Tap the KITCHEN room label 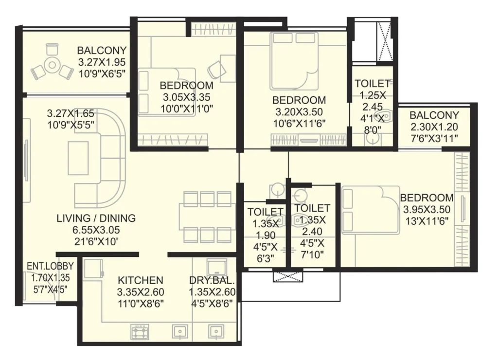[x=141, y=281]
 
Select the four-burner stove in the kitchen [x=141, y=332]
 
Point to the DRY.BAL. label [x=212, y=281]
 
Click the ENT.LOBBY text [x=50, y=266]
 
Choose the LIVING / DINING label [x=95, y=218]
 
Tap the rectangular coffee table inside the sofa [x=78, y=158]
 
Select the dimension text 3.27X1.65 [x=71, y=113]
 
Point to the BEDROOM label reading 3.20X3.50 [x=299, y=100]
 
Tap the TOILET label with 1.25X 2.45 [x=372, y=84]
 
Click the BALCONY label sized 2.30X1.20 [x=434, y=115]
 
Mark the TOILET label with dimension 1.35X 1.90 [x=266, y=212]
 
